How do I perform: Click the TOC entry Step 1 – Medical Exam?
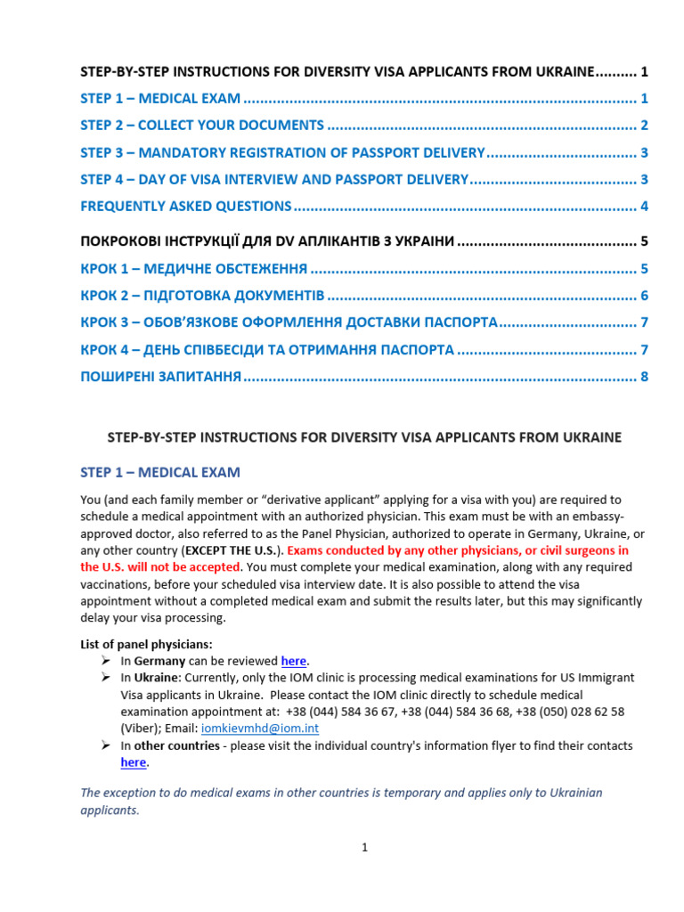160,98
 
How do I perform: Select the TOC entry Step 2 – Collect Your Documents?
202,125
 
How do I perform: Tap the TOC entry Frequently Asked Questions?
186,207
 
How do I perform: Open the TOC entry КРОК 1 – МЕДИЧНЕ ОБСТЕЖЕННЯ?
194,268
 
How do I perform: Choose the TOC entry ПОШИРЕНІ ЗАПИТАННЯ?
161,377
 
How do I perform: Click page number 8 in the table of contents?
644,377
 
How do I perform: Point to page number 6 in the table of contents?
644,296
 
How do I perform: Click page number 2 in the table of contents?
644,125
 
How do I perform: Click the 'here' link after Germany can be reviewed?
293,661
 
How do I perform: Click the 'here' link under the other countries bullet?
134,762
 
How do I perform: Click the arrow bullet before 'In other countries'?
105,745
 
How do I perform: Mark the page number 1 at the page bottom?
364,847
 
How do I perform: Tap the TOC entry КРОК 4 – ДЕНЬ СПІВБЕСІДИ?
267,350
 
